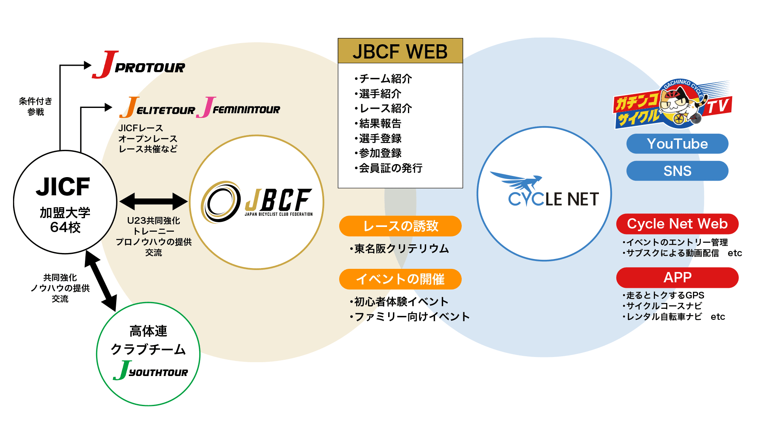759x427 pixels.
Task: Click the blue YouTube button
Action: point(677,144)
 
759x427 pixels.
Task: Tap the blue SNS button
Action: point(677,171)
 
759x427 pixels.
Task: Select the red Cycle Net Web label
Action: point(677,224)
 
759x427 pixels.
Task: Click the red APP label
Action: point(677,278)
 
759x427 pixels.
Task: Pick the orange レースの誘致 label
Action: point(400,226)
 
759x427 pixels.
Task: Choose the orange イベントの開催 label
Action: point(400,279)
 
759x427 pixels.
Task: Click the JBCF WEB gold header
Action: point(400,51)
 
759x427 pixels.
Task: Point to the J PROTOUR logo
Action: point(138,65)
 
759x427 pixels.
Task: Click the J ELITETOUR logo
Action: point(157,108)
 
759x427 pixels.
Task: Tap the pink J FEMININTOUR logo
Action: point(238,108)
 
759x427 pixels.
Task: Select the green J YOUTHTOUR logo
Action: point(150,370)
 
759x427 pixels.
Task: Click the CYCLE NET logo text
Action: point(553,199)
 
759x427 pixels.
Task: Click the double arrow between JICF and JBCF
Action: point(154,202)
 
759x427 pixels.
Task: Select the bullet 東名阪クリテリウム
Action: point(399,249)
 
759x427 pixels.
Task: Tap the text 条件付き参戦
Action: point(36,106)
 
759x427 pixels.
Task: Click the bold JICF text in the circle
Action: point(63,187)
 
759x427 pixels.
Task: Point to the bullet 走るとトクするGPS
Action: point(663,295)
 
